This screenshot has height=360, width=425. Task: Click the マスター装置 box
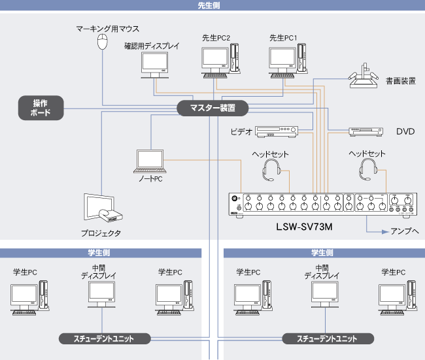(212, 108)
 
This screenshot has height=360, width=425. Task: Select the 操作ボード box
(41, 108)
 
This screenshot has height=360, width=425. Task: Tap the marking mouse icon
(102, 42)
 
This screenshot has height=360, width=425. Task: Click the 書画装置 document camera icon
(364, 78)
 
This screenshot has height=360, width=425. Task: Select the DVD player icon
(365, 131)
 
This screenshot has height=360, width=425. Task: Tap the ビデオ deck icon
(277, 131)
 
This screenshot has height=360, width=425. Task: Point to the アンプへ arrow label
(404, 231)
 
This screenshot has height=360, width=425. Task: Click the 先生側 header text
(212, 5)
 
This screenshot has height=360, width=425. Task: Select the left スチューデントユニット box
(105, 338)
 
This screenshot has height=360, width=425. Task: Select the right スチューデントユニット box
(328, 338)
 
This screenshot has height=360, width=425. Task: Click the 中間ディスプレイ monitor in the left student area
(102, 295)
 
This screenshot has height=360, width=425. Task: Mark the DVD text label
(405, 132)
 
